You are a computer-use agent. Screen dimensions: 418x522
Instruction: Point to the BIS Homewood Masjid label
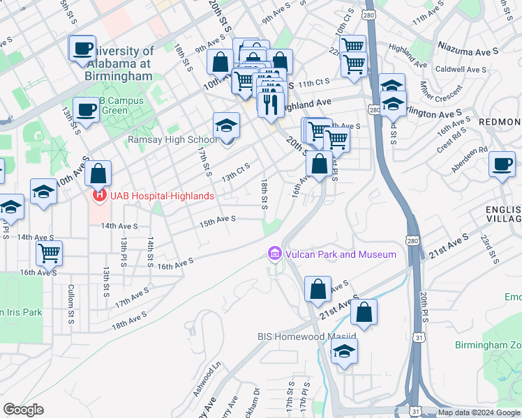pos(307,336)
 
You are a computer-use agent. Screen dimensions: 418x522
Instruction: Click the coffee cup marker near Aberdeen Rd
pos(501,164)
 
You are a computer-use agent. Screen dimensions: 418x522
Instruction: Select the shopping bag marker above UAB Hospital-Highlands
pos(98,173)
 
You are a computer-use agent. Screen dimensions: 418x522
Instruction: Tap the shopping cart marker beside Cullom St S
pos(49,253)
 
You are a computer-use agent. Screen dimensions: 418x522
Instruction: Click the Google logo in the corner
pos(24,410)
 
